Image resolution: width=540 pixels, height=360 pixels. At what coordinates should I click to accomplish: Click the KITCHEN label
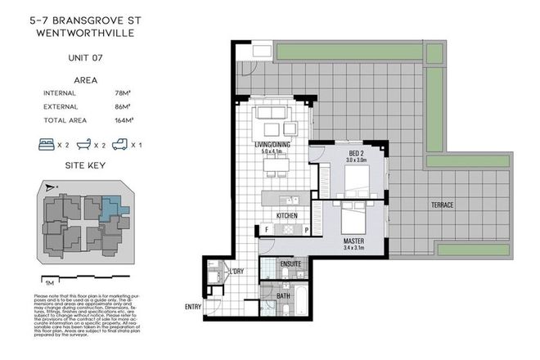point(286,215)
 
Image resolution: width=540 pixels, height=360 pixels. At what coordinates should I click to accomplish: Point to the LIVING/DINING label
point(271,144)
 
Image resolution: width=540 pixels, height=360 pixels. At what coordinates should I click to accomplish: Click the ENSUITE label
point(290,265)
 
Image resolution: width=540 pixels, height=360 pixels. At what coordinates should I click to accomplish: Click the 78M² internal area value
point(124,94)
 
